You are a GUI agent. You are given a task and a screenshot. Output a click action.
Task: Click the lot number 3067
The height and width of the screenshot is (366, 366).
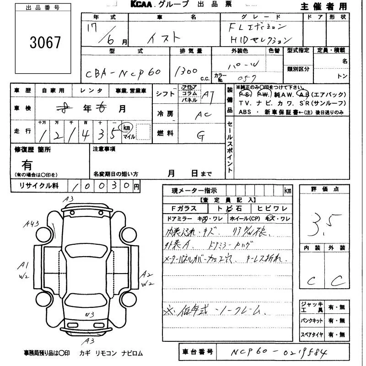(x=45, y=43)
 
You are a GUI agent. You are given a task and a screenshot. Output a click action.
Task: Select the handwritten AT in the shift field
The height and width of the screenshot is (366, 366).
(x=209, y=95)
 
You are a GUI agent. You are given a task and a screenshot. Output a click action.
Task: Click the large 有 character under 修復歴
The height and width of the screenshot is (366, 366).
(x=27, y=164)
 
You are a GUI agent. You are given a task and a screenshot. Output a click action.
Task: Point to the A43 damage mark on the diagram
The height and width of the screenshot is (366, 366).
(x=33, y=223)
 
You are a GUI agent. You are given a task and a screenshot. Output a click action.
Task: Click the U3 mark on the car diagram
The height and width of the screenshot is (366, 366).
(x=90, y=314)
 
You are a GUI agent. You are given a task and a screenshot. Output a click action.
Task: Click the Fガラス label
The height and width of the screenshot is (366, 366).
(x=180, y=209)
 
